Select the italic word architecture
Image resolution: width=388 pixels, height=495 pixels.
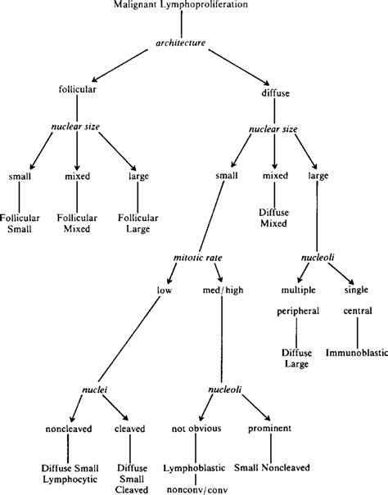pyautogui.click(x=192, y=41)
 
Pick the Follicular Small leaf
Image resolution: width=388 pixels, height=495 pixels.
pyautogui.click(x=20, y=224)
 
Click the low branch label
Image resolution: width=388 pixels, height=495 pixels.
pyautogui.click(x=164, y=289)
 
